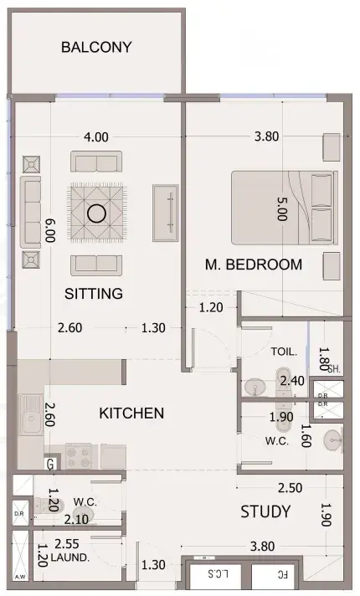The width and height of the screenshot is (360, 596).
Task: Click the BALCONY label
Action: click(x=96, y=47)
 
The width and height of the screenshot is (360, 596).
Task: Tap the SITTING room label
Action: click(x=94, y=294)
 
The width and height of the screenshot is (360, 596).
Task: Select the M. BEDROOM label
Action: click(x=254, y=265)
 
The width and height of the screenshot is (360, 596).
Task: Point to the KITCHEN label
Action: click(x=131, y=414)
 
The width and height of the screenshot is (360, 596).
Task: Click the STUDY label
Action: click(x=265, y=511)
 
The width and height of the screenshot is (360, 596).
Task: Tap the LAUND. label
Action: click(x=70, y=557)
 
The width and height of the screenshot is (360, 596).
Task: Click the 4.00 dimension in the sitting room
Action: click(x=95, y=136)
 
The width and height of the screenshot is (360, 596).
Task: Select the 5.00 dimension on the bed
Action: click(x=282, y=209)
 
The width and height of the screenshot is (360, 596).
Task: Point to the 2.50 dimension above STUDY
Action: click(x=290, y=488)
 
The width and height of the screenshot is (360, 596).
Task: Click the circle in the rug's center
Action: click(x=96, y=213)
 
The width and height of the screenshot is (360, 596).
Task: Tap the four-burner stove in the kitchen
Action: click(x=79, y=456)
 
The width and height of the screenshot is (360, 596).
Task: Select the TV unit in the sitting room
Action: click(x=166, y=213)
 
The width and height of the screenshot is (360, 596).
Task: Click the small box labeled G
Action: click(x=50, y=464)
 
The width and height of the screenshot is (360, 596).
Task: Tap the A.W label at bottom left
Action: click(x=21, y=577)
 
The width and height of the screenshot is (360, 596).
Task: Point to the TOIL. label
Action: click(x=284, y=352)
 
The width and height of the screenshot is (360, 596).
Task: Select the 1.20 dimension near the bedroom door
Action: click(x=211, y=307)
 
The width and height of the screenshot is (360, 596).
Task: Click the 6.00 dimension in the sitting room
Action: click(x=49, y=230)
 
